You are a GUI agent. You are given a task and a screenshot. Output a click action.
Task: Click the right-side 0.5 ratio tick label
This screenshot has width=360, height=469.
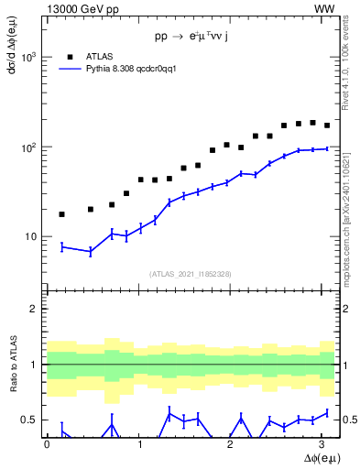point(349,420)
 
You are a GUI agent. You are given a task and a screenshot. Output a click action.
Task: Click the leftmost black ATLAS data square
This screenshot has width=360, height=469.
point(61,214)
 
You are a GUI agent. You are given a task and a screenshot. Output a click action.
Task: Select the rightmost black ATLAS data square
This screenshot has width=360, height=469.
point(327,125)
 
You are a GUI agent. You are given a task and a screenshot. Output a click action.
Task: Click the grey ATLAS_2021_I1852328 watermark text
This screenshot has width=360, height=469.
point(191,274)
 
